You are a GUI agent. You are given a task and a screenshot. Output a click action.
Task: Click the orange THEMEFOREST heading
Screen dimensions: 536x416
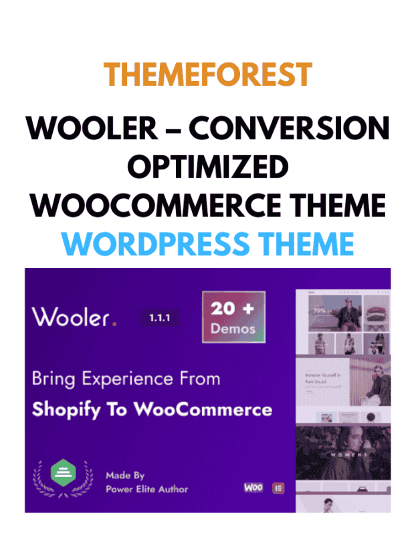[208, 74]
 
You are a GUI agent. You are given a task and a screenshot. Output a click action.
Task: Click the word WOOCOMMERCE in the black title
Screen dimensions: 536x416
[150, 205]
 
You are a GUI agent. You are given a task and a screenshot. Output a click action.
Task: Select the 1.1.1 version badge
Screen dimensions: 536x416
[159, 318]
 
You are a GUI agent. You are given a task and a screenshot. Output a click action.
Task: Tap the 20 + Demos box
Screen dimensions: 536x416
[233, 318]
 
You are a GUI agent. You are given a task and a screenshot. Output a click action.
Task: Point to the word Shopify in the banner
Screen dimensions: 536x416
[72, 409]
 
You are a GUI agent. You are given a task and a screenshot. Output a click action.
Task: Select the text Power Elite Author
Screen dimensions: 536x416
[146, 488]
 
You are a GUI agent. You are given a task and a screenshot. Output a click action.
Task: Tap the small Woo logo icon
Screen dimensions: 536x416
[253, 487]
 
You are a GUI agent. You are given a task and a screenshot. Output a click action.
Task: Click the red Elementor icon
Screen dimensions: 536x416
[278, 488]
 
